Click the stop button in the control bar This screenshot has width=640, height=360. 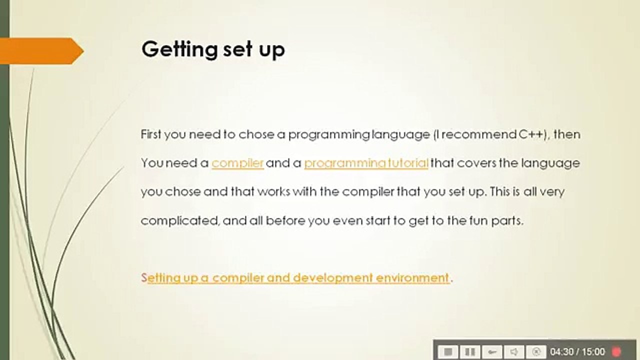point(448,352)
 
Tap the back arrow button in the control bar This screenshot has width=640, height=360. point(492,352)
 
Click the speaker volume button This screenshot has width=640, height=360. point(514,352)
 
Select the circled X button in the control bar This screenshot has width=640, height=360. point(536,352)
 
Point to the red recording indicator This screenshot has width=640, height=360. point(616,352)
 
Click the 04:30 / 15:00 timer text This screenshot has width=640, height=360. point(577,352)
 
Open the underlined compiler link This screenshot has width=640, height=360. point(237,163)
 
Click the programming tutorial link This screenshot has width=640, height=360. point(366,163)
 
